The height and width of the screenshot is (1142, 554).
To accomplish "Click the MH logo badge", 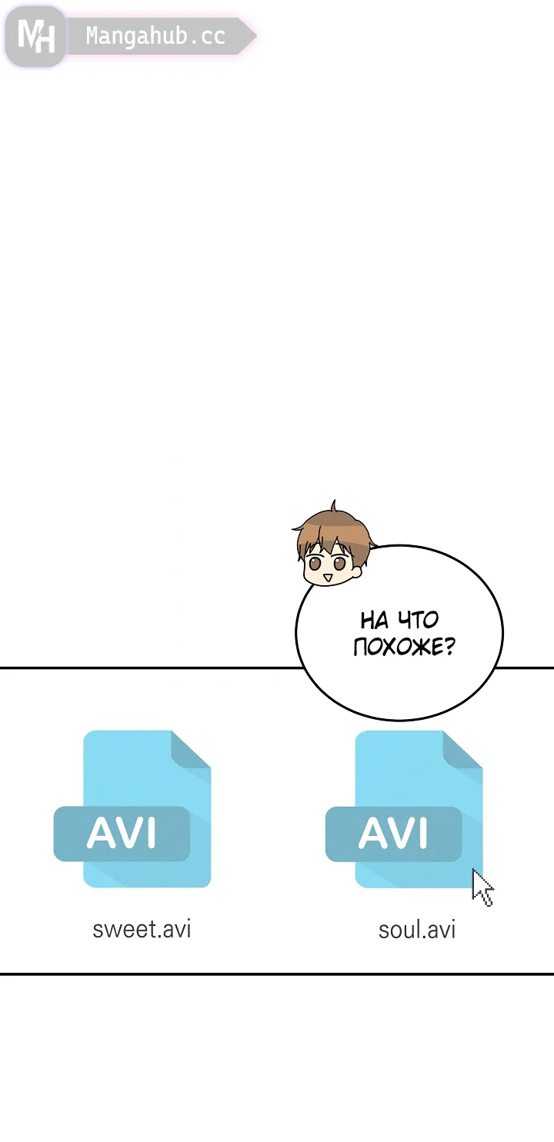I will pyautogui.click(x=35, y=36).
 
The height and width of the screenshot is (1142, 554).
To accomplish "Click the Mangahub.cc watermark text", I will pyautogui.click(x=155, y=36).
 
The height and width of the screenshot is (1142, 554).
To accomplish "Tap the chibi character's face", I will pyautogui.click(x=327, y=565).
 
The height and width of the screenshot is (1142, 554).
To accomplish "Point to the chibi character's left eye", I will pyautogui.click(x=315, y=563).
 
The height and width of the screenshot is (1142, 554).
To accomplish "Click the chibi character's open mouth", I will pyautogui.click(x=327, y=577).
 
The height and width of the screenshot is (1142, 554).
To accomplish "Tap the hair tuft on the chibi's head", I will pyautogui.click(x=333, y=507).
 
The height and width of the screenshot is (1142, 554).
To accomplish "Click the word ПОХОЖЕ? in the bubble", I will pyautogui.click(x=403, y=647).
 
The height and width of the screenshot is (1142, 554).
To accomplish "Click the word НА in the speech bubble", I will pyautogui.click(x=374, y=620).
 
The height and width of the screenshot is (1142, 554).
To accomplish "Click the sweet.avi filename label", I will pyautogui.click(x=142, y=929).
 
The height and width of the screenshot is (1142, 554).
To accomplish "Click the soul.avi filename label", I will pyautogui.click(x=416, y=930).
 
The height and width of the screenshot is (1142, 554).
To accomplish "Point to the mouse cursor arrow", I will pyautogui.click(x=482, y=887).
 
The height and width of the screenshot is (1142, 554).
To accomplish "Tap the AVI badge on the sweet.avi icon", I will pyautogui.click(x=122, y=834).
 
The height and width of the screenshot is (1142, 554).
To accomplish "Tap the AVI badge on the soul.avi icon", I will pyautogui.click(x=393, y=834).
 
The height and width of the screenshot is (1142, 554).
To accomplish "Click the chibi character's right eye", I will pyautogui.click(x=339, y=564).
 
